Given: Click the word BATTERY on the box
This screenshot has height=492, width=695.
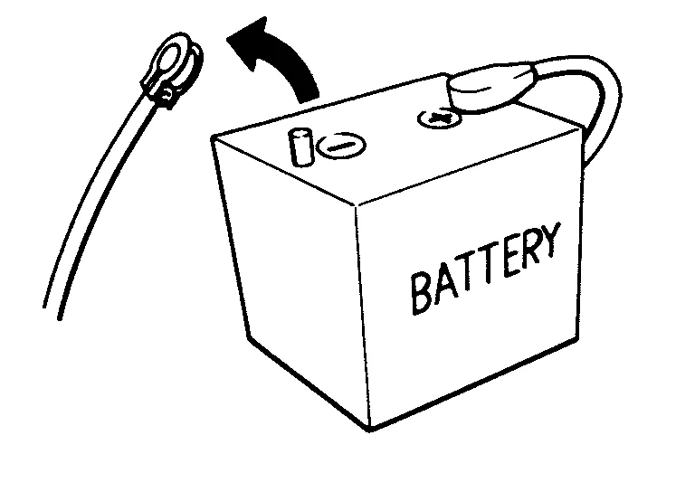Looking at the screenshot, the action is pyautogui.click(x=485, y=268).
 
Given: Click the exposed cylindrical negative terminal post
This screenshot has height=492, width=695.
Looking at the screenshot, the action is pyautogui.click(x=301, y=147).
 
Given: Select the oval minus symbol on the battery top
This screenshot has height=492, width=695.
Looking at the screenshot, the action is pyautogui.click(x=342, y=146).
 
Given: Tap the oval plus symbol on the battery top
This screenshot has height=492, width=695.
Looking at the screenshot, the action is pyautogui.click(x=439, y=118).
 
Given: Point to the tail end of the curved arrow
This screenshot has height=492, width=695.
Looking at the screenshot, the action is pyautogui.click(x=307, y=99).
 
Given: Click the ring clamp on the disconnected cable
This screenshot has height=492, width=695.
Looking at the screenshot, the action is pyautogui.click(x=172, y=66).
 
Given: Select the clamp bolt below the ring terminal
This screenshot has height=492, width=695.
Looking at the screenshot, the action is pyautogui.click(x=167, y=95).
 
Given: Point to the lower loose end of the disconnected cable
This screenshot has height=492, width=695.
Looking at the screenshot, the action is pyautogui.click(x=52, y=311).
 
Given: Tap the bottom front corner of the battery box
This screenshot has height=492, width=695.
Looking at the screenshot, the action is pyautogui.click(x=369, y=429).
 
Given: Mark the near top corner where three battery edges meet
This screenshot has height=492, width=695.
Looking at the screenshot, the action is pyautogui.click(x=356, y=205).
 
